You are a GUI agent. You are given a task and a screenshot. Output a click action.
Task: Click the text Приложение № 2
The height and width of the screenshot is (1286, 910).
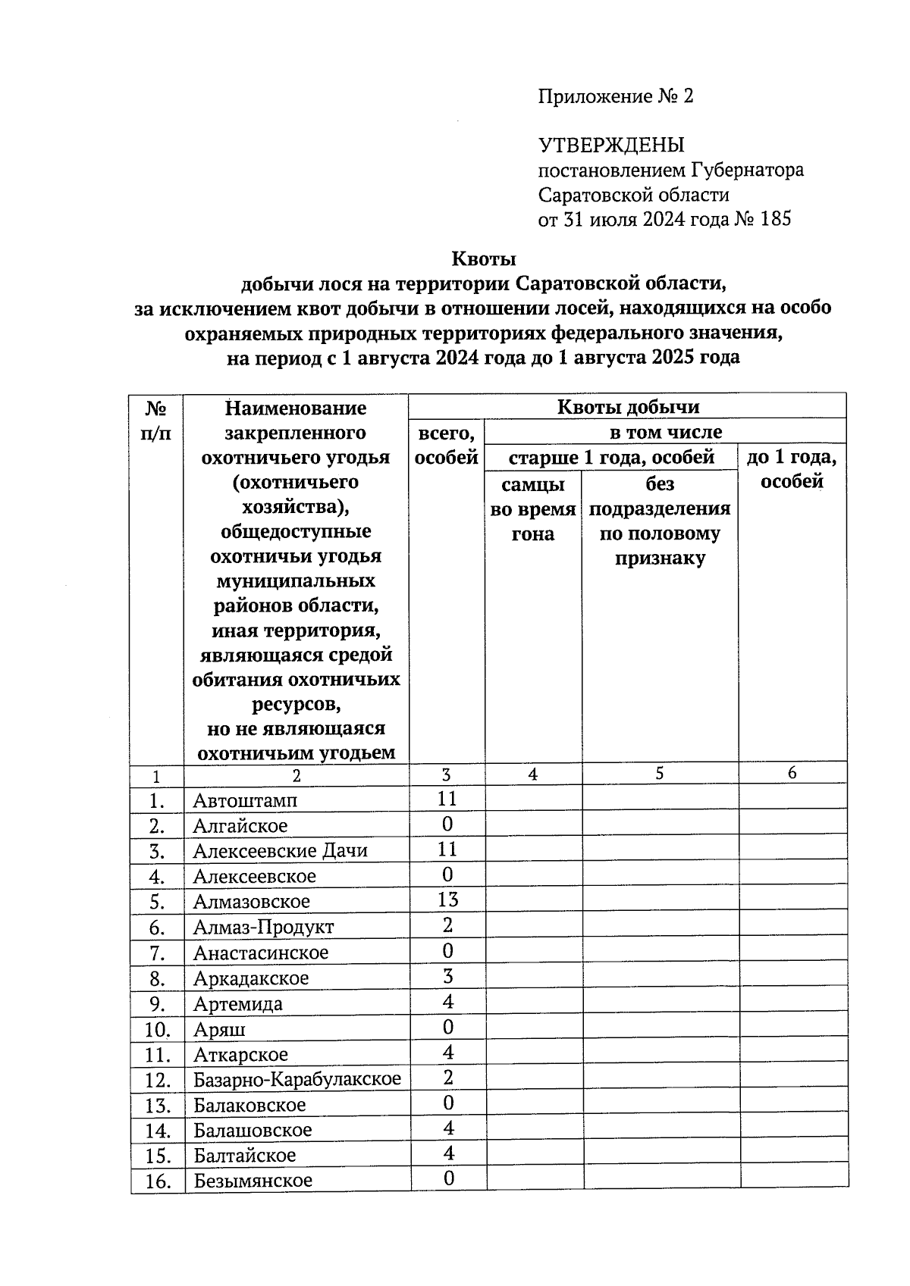click(x=616, y=96)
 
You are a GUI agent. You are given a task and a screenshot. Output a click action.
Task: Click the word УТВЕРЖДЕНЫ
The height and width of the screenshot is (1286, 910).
click(x=611, y=145)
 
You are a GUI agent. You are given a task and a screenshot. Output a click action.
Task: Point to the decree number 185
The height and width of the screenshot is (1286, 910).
click(x=774, y=219)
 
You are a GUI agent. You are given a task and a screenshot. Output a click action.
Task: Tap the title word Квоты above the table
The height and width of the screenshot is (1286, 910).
click(x=484, y=259)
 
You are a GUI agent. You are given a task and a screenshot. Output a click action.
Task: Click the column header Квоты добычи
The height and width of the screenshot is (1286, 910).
click(x=628, y=407)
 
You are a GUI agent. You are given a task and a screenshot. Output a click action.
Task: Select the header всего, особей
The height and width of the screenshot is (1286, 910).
click(x=447, y=445)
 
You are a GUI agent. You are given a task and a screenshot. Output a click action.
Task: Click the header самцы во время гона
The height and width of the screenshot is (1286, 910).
click(x=533, y=508)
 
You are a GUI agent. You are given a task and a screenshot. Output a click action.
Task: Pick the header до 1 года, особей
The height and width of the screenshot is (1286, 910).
click(x=792, y=469)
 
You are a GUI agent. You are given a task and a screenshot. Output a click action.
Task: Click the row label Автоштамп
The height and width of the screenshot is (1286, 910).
click(x=245, y=800)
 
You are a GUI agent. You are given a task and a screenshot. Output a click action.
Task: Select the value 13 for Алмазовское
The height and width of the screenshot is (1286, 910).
click(x=447, y=900)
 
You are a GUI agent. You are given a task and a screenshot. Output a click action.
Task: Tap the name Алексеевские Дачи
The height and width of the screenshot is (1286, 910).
click(x=280, y=850)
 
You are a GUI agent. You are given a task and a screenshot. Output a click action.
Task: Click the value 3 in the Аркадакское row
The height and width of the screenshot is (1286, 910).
click(x=447, y=976)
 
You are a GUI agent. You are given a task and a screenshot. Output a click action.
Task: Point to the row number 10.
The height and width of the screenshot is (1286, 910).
click(x=157, y=1029)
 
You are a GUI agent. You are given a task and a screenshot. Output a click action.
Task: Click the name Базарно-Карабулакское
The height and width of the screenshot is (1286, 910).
click(x=297, y=1079)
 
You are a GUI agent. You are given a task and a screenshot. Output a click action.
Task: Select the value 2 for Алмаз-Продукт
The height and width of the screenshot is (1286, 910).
click(x=447, y=925)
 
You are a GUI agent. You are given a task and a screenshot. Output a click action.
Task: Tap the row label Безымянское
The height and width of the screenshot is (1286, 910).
click(x=253, y=1181)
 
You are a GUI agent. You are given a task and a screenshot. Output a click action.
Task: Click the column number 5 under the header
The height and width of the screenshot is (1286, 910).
click(x=660, y=774)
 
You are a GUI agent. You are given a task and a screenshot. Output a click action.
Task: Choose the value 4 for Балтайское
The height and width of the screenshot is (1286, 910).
click(x=448, y=1153)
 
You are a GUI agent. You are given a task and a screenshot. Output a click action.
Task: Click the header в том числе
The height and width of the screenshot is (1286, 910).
click(x=665, y=433)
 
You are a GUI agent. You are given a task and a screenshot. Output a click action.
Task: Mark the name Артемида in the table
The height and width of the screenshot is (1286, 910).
click(x=237, y=1004)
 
